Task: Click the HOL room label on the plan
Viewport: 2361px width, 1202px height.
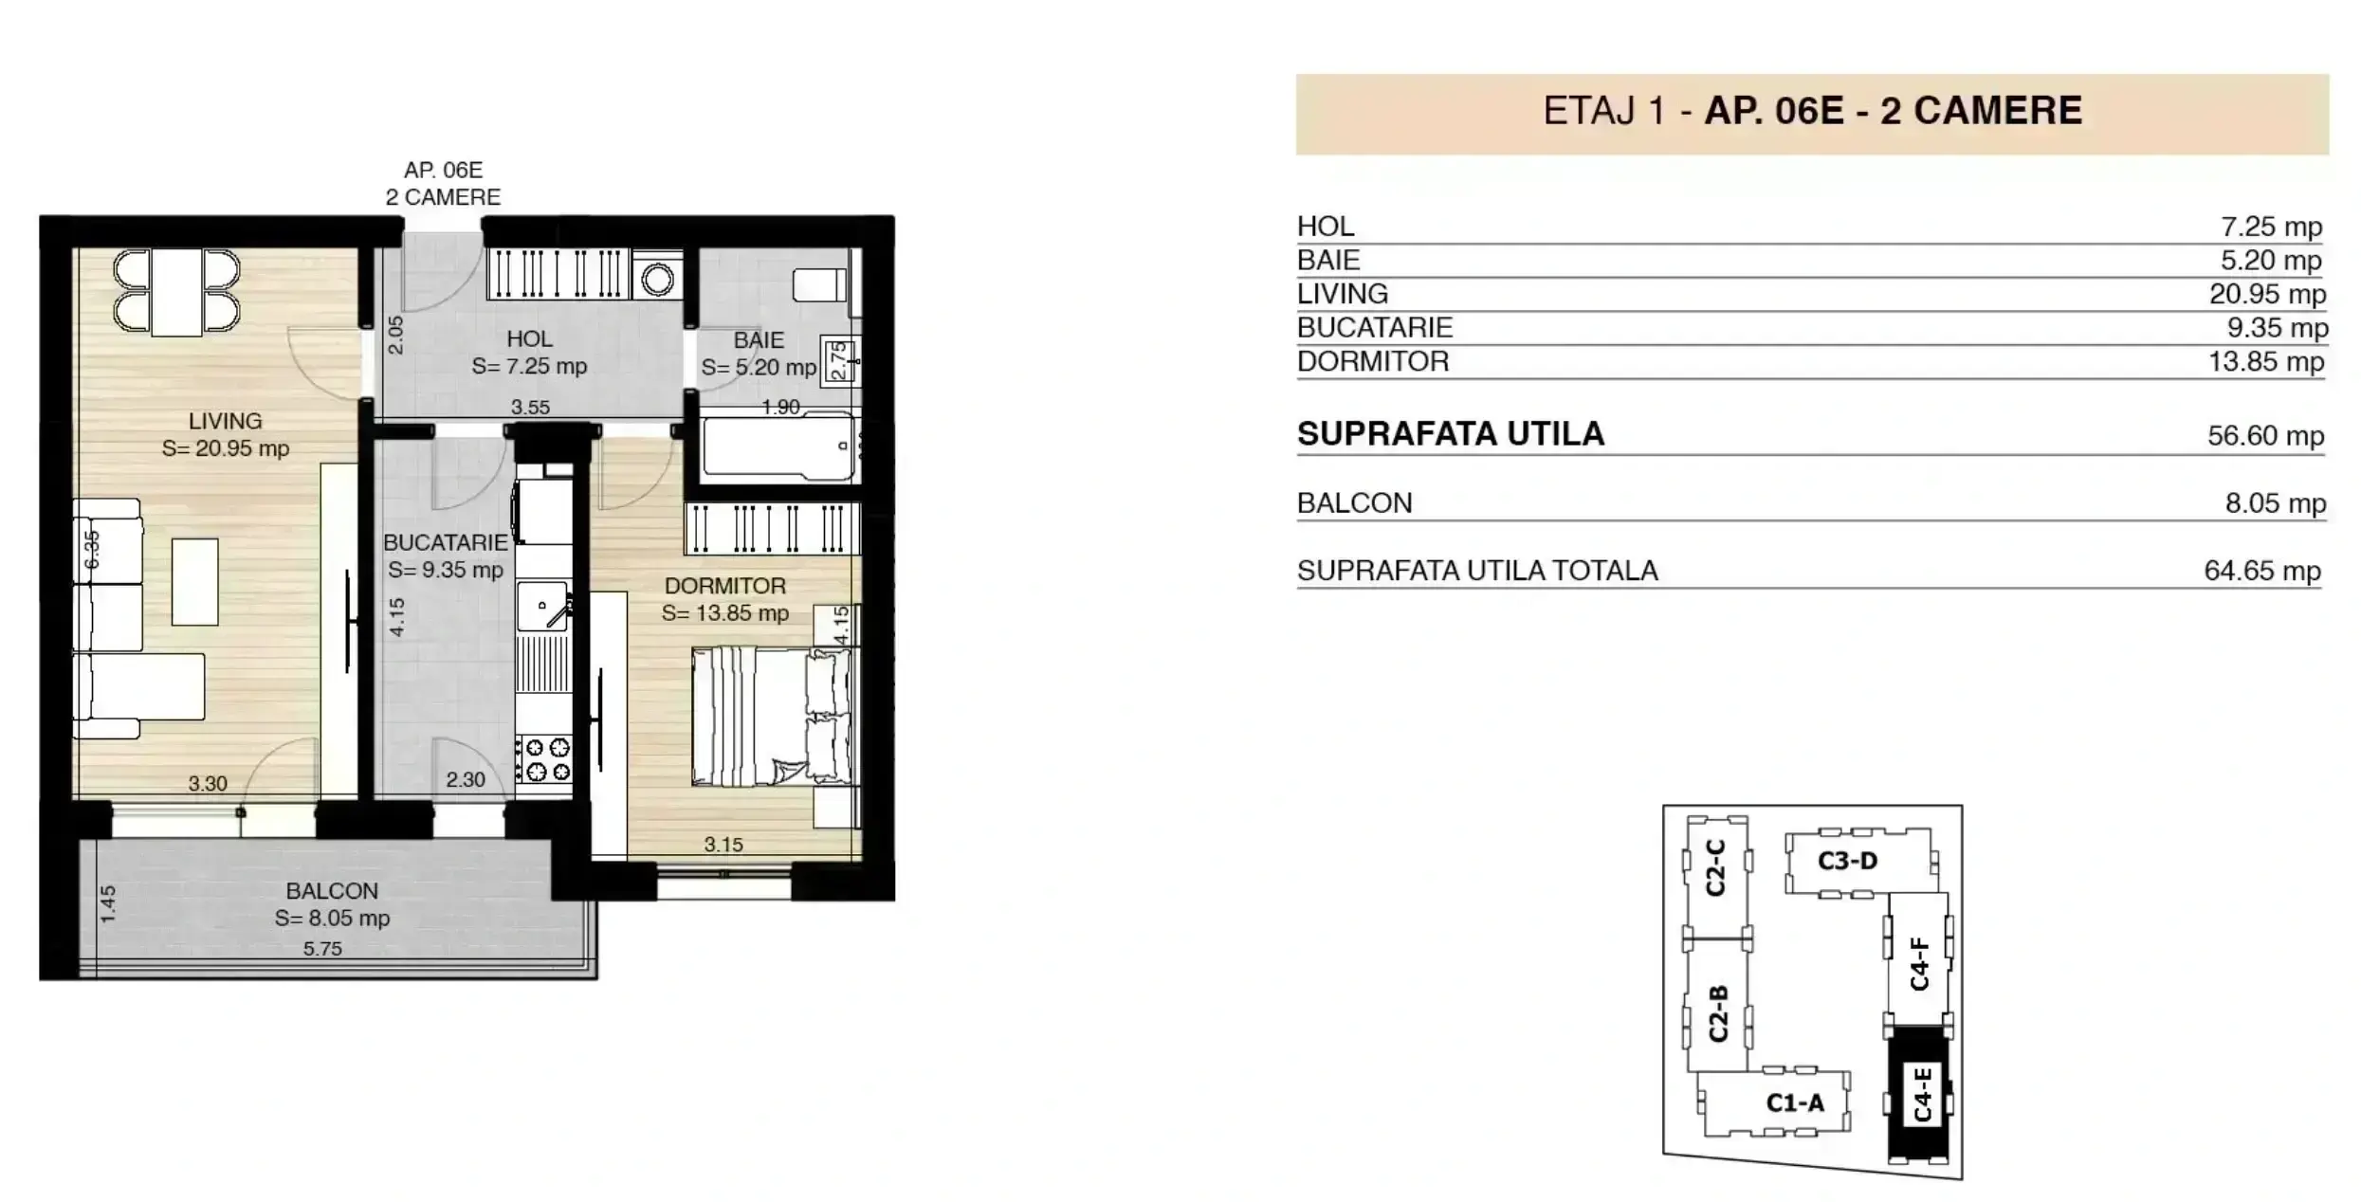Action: [529, 338]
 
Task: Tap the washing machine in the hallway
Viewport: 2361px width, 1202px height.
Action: [656, 276]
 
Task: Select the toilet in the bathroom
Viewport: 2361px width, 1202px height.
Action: [820, 284]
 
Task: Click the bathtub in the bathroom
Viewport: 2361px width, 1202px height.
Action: [778, 446]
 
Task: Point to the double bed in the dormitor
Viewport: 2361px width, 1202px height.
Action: [771, 716]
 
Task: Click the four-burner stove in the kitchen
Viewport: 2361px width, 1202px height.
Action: [544, 759]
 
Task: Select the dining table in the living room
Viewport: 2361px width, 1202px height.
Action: [176, 292]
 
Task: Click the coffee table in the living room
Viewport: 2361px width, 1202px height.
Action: [194, 581]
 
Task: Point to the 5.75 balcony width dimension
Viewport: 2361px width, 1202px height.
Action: [322, 948]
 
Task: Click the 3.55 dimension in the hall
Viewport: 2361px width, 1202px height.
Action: [530, 407]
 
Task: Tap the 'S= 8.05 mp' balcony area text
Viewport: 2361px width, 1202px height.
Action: [332, 918]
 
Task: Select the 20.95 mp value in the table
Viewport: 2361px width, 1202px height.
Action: [2267, 294]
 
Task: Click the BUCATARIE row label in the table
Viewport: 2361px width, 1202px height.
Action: [1374, 327]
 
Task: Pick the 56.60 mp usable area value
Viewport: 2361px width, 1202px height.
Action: [2265, 435]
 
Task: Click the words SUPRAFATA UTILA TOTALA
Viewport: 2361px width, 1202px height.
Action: [1477, 571]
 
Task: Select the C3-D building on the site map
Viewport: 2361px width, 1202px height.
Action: [1848, 861]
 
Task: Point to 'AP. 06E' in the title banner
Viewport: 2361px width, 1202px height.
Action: [1773, 111]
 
